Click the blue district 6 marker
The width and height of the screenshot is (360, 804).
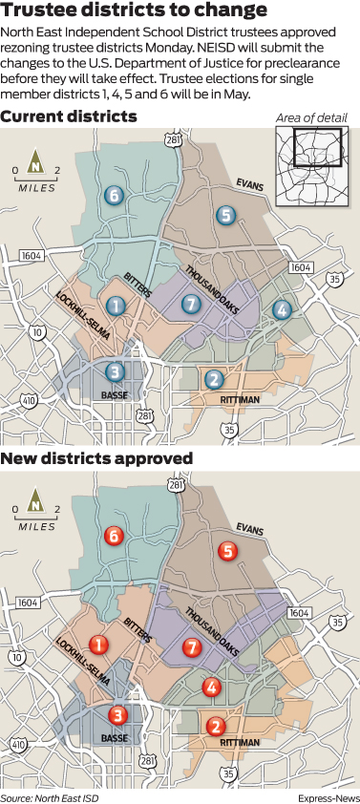click(114, 196)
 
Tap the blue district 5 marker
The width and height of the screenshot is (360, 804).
click(225, 214)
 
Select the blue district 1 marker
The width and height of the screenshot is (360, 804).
click(116, 306)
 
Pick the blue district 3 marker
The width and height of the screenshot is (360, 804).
click(115, 371)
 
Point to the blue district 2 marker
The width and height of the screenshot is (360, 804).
click(214, 379)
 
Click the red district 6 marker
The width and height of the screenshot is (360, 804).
click(114, 536)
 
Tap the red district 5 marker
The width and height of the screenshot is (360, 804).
click(226, 551)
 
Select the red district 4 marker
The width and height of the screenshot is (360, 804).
click(212, 687)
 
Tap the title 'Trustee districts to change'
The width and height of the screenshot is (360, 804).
click(135, 12)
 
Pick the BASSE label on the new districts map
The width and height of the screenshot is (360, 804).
click(114, 737)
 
